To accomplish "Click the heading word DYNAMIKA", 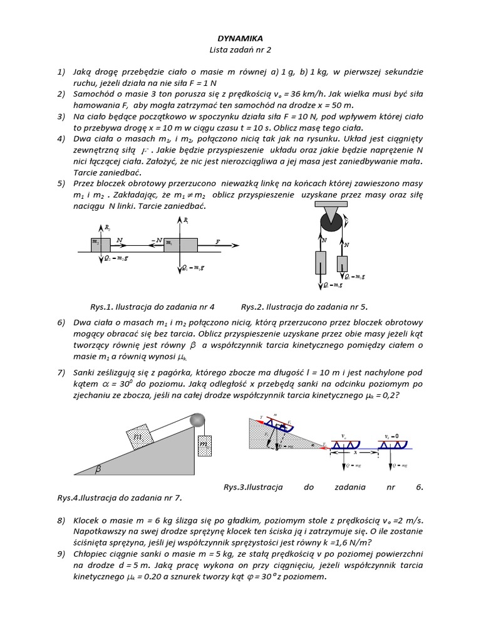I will (240, 38).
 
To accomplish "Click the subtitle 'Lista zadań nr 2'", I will (240, 50).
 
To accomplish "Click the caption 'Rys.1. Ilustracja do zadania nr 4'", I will (152, 307).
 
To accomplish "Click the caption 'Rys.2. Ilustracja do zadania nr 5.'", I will (304, 307).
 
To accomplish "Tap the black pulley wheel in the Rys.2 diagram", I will (329, 223).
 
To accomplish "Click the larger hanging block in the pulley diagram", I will (321, 263).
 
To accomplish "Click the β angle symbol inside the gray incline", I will (98, 468).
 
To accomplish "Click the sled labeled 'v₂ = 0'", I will (394, 443).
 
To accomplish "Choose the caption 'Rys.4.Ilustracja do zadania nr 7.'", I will (119, 498).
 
